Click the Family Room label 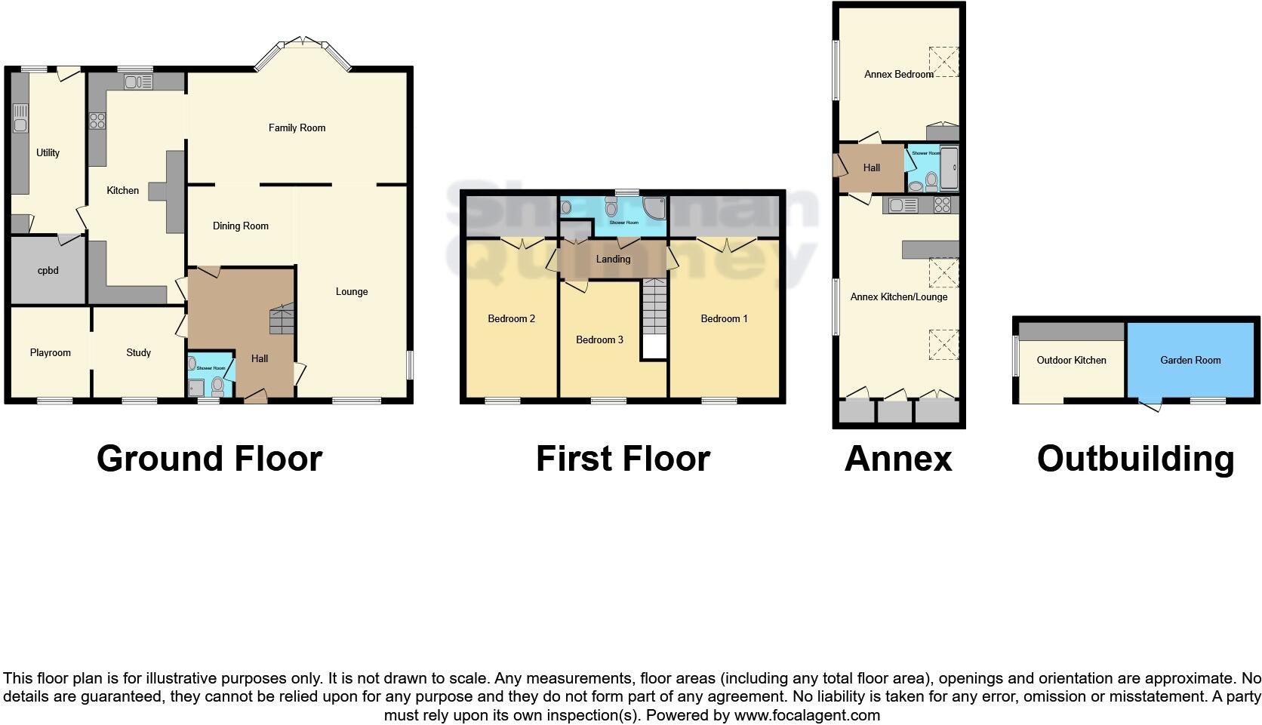pyautogui.click(x=297, y=128)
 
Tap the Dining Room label pyautogui.click(x=240, y=226)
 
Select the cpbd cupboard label pyautogui.click(x=48, y=270)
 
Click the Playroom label pyautogui.click(x=51, y=353)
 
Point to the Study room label pyautogui.click(x=138, y=353)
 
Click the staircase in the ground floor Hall pyautogui.click(x=281, y=319)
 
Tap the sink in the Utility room pyautogui.click(x=20, y=121)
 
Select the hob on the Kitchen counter pyautogui.click(x=97, y=121)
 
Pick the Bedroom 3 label pyautogui.click(x=599, y=340)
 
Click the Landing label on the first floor pyautogui.click(x=613, y=260)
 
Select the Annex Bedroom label pyautogui.click(x=898, y=75)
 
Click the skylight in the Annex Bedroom pyautogui.click(x=943, y=61)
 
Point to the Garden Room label pyautogui.click(x=1190, y=361)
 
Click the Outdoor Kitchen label pyautogui.click(x=1071, y=361)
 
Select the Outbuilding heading pyautogui.click(x=1135, y=459)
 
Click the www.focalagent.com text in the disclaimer pyautogui.click(x=807, y=715)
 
